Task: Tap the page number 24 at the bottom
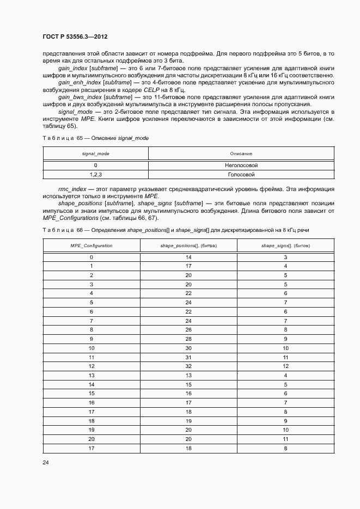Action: (x=45, y=463)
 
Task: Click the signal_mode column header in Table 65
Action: (x=95, y=154)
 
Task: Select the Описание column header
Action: (x=241, y=154)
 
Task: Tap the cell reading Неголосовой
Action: (x=241, y=165)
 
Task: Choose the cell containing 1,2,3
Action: (x=95, y=175)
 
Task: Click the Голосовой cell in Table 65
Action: (x=241, y=175)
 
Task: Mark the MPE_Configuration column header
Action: (x=91, y=246)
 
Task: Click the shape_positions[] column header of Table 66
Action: (x=188, y=246)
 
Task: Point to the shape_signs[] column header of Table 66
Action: (x=285, y=246)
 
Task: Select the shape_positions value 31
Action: (x=188, y=357)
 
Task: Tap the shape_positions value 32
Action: (x=188, y=366)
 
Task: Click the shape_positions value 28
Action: (x=188, y=339)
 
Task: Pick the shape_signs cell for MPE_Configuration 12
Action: (x=285, y=366)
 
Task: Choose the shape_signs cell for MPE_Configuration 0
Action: (x=285, y=256)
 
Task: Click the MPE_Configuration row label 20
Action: (x=91, y=438)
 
